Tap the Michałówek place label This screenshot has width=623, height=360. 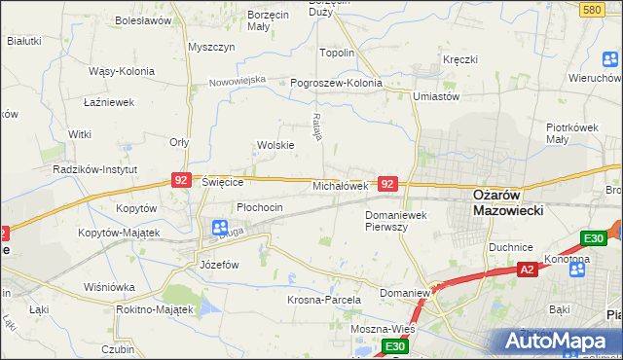point(339,185)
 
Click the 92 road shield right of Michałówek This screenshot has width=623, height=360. point(387,183)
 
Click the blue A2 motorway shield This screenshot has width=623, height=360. point(527,269)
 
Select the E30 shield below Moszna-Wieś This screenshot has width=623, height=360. point(393,345)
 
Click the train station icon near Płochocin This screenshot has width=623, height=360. point(220,228)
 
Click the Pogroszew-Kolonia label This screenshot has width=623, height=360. point(336,83)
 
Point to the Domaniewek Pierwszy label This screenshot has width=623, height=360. point(399,220)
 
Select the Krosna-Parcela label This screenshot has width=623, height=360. point(324,300)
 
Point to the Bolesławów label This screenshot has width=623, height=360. point(143,19)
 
